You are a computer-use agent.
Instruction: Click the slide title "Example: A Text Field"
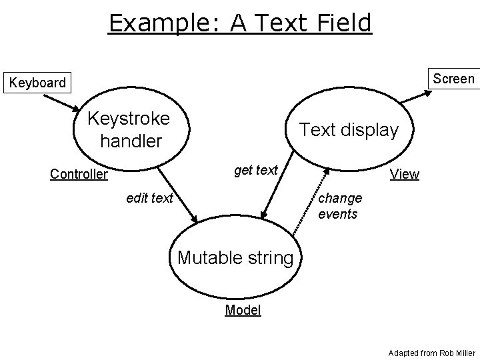pos(240,23)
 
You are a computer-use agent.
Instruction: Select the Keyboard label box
pos(37,83)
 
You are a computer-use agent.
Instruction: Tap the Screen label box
pos(453,79)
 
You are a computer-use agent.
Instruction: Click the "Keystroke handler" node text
pos(129,129)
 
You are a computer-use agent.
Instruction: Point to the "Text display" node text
pos(349,130)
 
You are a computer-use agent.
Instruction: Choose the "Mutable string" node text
pos(235,257)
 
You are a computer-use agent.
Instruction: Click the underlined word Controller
pos(79,175)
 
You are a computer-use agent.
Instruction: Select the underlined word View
pos(405,175)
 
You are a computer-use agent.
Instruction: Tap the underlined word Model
pos(243,310)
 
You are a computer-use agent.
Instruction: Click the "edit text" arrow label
pos(150,197)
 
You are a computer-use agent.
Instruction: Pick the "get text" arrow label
pos(255,170)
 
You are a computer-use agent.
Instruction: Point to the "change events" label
pos(340,206)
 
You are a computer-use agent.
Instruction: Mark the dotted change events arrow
pos(311,200)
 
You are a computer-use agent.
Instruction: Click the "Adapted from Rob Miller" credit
pos(431,351)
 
